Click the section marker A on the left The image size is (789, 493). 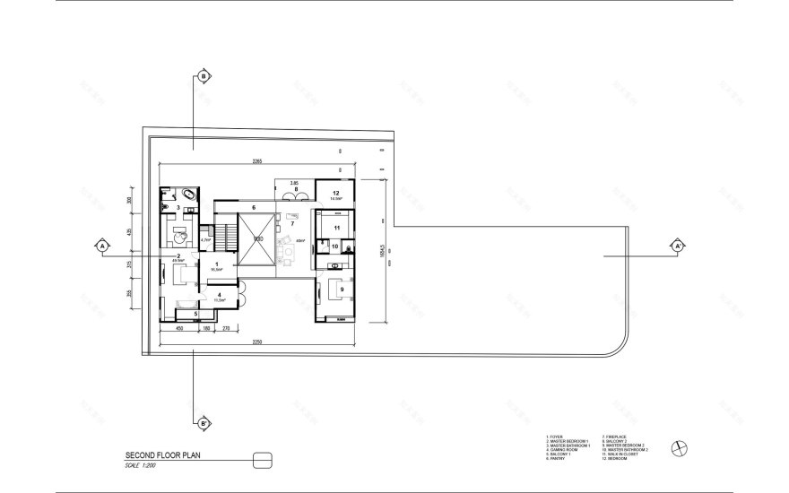tap(102, 245)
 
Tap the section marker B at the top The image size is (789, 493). tap(204, 77)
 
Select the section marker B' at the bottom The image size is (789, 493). tap(204, 421)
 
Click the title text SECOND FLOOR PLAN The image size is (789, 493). tap(162, 455)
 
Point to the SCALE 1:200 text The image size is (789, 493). tap(142, 464)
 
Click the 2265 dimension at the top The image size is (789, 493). tap(256, 161)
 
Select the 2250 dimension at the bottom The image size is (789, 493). tap(257, 342)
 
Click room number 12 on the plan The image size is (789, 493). tap(335, 194)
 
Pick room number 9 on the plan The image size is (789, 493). tap(341, 289)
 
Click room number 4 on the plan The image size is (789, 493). tap(219, 295)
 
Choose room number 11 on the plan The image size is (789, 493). tap(335, 229)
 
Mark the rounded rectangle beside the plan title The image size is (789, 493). tap(263, 460)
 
